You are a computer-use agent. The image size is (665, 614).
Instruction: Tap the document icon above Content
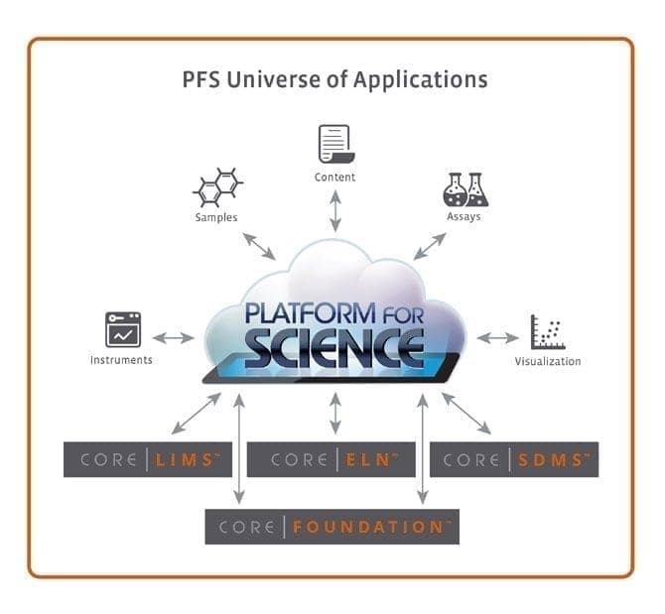click(334, 144)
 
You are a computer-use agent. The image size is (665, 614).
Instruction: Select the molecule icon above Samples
click(217, 187)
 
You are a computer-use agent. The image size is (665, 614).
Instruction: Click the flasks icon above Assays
click(465, 188)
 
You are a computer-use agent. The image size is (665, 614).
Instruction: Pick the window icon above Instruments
click(123, 329)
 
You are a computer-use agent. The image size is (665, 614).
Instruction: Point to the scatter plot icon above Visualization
click(547, 332)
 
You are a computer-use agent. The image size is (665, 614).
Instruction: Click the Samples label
click(215, 217)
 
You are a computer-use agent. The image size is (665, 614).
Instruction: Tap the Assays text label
click(464, 216)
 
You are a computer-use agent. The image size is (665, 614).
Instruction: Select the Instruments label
click(121, 360)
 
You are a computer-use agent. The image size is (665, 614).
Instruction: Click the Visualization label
click(547, 361)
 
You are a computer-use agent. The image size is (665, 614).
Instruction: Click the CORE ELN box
click(331, 459)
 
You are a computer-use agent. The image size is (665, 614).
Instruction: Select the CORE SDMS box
click(513, 459)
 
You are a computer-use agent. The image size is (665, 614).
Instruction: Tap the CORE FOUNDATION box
click(332, 526)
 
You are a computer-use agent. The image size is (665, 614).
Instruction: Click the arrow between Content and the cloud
click(335, 211)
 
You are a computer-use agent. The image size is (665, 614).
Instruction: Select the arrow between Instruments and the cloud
click(174, 338)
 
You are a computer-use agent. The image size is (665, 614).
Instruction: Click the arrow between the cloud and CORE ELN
click(335, 412)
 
